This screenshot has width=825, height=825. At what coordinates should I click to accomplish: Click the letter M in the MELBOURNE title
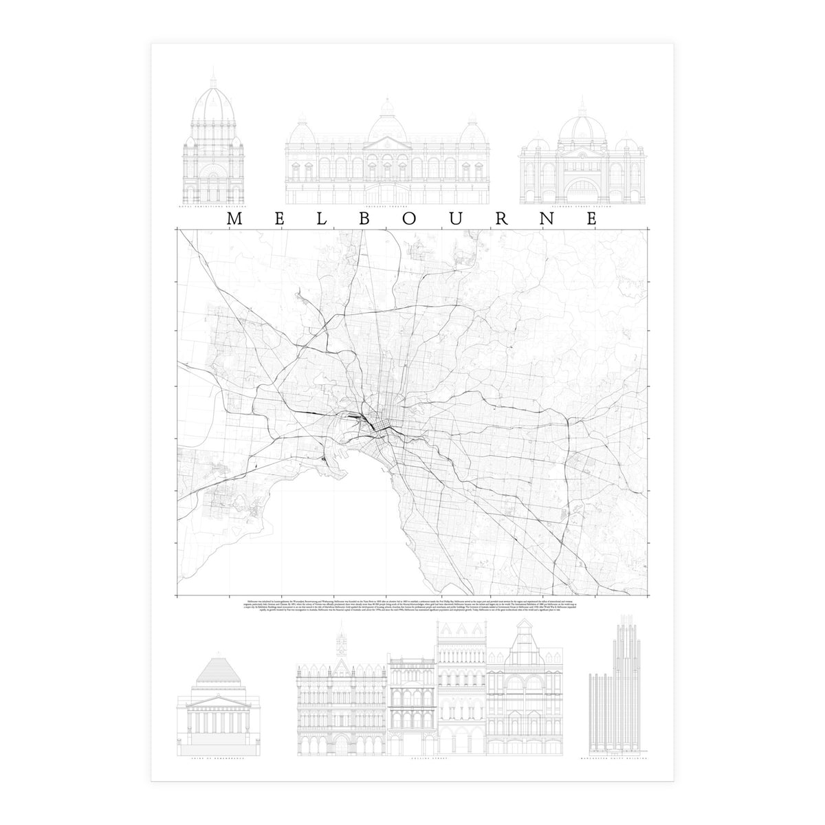tap(233, 219)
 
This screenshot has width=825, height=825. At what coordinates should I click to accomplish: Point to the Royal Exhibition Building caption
tap(212, 206)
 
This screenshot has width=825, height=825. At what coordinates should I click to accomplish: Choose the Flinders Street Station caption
tap(582, 206)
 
